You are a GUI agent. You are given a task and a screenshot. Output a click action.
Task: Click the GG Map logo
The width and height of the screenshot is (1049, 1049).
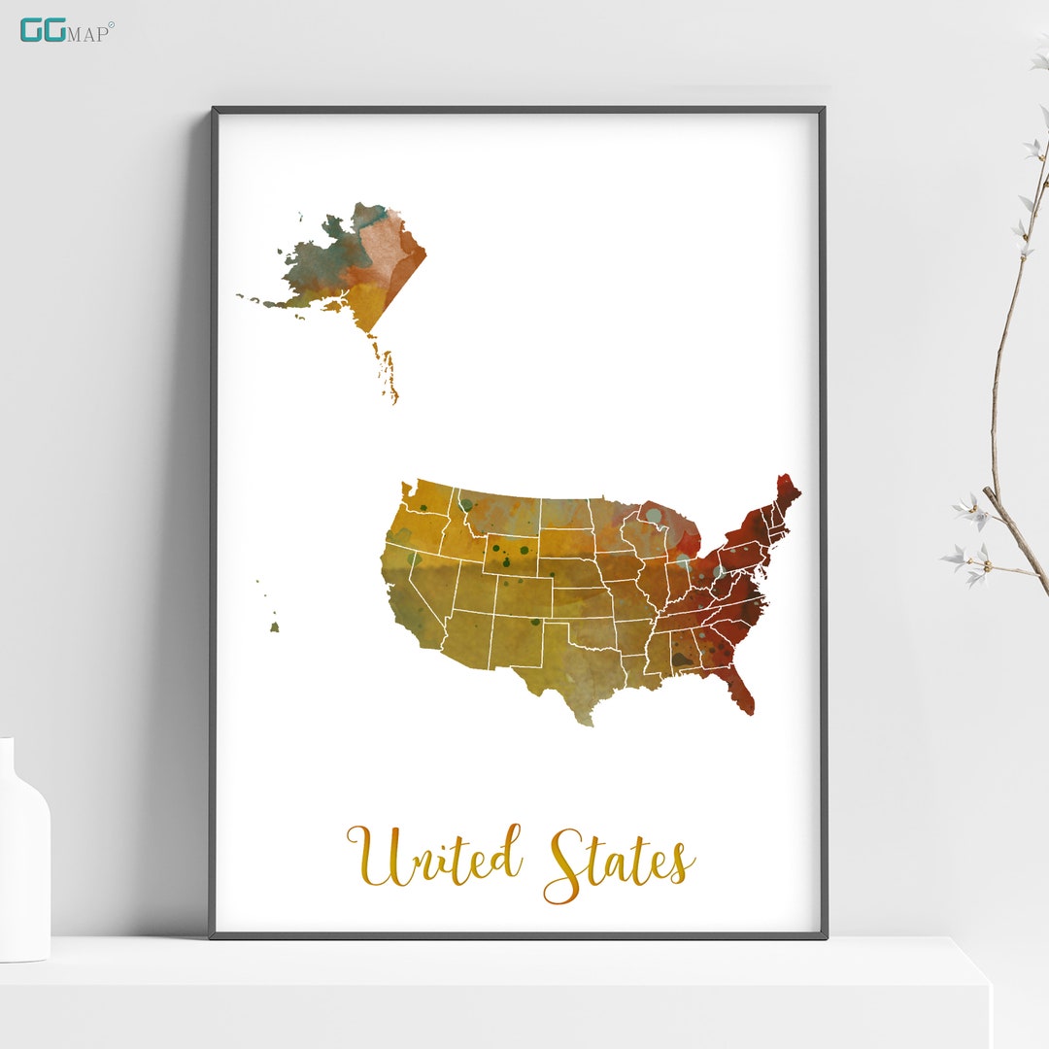pyautogui.click(x=66, y=30)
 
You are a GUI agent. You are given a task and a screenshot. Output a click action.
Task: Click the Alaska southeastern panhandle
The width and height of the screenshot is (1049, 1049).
pyautogui.click(x=385, y=370)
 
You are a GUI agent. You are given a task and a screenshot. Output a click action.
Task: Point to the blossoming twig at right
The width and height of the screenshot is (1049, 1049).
pyautogui.click(x=1010, y=389)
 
